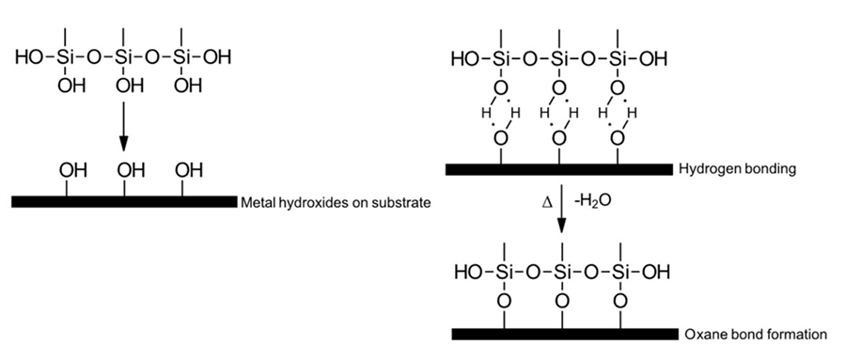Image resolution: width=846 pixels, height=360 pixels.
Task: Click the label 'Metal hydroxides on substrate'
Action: point(328,201)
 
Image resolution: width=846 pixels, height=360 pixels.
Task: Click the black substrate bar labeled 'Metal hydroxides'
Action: point(123,201)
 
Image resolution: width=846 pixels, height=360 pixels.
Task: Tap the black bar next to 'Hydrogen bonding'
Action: point(560,169)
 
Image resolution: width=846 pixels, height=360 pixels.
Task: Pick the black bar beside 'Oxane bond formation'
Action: point(565,334)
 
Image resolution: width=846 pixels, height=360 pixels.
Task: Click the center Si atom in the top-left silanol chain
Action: point(124,58)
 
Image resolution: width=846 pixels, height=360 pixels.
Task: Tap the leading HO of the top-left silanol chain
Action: point(29,58)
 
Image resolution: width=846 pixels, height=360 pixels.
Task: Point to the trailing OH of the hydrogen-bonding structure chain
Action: point(653,60)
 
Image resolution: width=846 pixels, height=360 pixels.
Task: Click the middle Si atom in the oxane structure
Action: point(561,273)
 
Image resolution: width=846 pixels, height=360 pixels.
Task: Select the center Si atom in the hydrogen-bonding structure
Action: point(560,60)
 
